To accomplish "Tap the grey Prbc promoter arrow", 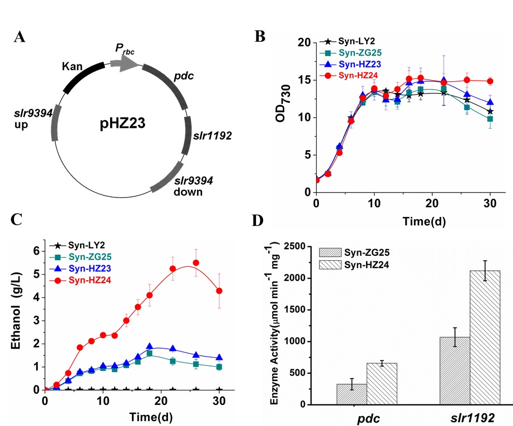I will (x=124, y=64).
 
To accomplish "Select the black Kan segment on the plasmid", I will (x=83, y=78).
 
